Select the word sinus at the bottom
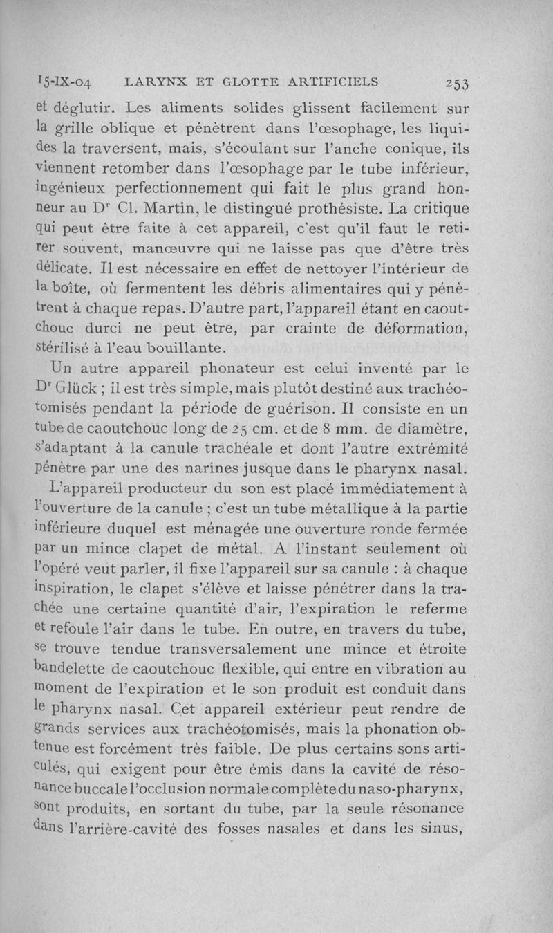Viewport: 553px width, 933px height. pos(444,829)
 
